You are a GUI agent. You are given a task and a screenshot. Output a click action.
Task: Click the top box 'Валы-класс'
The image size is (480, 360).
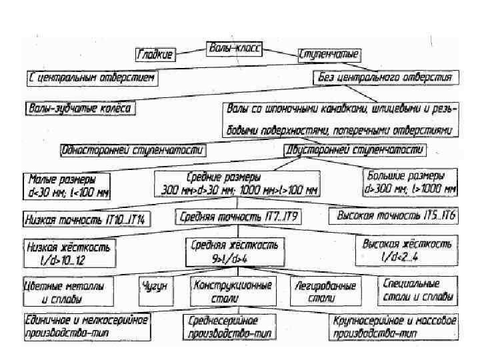(235, 49)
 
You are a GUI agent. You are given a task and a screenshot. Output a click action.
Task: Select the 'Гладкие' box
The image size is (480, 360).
(155, 54)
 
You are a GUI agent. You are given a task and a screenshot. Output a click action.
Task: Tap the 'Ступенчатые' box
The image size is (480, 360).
(329, 54)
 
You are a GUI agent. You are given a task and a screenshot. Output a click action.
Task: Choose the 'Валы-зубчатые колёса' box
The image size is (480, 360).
(80, 107)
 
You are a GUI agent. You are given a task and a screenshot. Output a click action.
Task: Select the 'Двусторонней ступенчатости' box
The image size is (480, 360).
(354, 151)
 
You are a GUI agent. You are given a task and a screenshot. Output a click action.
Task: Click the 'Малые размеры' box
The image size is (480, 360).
(67, 185)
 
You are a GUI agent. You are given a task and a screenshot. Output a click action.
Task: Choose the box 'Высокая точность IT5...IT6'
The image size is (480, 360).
(393, 217)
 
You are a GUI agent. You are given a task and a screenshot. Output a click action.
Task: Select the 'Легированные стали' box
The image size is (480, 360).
(325, 291)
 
